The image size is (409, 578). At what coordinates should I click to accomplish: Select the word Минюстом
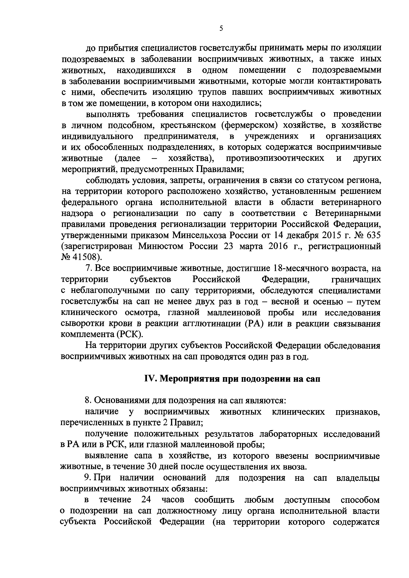pyautogui.click(x=160, y=246)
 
